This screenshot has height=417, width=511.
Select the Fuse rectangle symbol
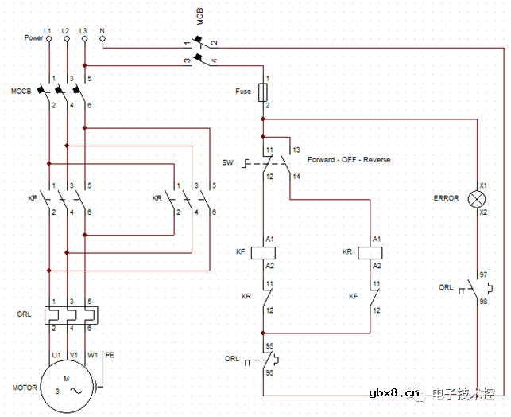pyautogui.click(x=263, y=92)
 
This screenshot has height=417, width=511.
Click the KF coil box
pyautogui.click(x=263, y=251)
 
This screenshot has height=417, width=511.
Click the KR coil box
pyautogui.click(x=372, y=251)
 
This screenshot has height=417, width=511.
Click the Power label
pyautogui.click(x=33, y=37)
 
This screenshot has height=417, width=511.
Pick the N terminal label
pyautogui.click(x=103, y=29)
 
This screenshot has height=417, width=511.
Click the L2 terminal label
pyautogui.click(x=66, y=29)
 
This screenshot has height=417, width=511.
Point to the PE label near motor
pyautogui.click(x=110, y=354)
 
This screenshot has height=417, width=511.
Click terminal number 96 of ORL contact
pyautogui.click(x=269, y=372)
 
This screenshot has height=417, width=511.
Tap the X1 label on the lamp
pyautogui.click(x=483, y=186)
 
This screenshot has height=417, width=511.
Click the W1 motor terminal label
pyautogui.click(x=92, y=354)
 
